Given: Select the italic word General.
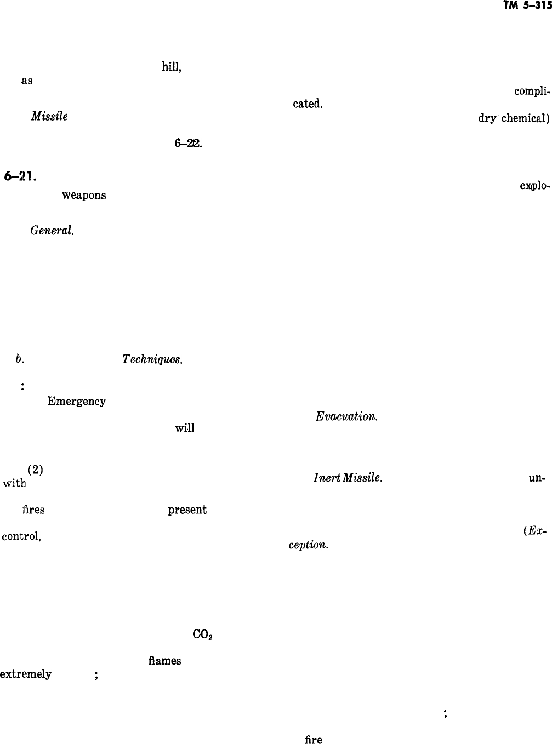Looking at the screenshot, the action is click(52, 230).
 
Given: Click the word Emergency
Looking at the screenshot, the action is click(76, 401).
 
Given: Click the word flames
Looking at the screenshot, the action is click(164, 661).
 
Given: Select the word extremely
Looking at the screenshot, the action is click(26, 674).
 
